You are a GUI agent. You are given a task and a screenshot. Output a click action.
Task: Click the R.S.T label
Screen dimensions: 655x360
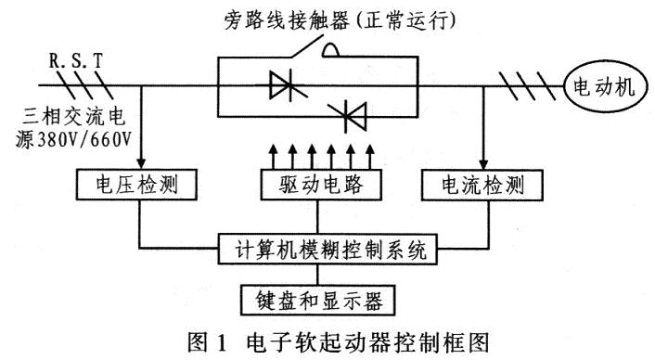coord(75,61)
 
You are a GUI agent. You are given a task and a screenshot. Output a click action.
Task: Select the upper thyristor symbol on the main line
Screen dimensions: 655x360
coord(289,85)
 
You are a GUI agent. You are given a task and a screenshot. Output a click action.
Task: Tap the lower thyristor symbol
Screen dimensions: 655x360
coord(348,115)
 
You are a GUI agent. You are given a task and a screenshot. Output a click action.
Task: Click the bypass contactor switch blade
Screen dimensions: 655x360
coord(307,46)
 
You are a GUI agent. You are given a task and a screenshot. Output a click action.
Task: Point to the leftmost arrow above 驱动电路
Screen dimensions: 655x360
coord(273,157)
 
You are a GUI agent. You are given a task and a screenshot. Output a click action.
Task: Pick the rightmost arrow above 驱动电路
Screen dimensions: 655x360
coord(369,157)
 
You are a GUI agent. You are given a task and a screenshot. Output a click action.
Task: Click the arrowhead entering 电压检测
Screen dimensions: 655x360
coord(142,163)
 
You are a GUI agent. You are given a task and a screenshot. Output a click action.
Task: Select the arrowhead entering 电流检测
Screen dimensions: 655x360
coord(483,164)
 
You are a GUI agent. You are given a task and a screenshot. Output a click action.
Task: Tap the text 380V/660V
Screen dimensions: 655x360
coord(84,140)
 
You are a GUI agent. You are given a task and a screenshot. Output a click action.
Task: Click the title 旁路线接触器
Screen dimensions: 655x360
coord(286,19)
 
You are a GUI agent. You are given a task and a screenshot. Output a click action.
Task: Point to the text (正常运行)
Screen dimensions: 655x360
coord(404,19)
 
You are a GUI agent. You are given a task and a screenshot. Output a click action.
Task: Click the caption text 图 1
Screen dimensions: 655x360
coord(207,343)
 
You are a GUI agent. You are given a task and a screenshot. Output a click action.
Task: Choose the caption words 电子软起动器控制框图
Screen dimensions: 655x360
coord(367,343)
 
